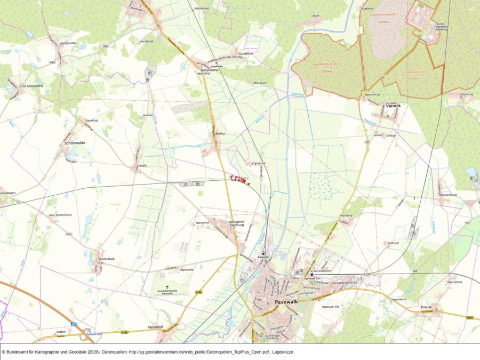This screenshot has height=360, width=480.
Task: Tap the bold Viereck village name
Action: pos(393,106)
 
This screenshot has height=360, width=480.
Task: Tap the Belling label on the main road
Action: pos(220,133)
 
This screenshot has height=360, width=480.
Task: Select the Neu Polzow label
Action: pos(454,282)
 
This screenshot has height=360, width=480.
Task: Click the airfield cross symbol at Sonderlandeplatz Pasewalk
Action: pos(167,286)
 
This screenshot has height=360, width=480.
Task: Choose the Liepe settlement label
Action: pos(315,16)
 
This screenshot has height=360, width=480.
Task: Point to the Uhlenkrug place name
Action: pos(466,94)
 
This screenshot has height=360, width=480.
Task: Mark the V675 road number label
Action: pos(69,234)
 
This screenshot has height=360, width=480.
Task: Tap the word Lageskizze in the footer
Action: pos(282,352)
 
